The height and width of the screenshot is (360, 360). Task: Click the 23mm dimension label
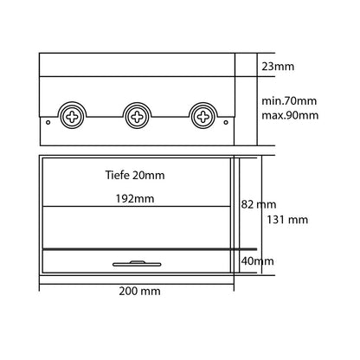[x=278, y=67]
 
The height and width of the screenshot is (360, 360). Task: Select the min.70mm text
[x=289, y=101]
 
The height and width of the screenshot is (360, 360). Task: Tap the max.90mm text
[x=290, y=115]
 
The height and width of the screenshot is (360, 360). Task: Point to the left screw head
[x=72, y=117]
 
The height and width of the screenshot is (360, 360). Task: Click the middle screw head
[x=138, y=117]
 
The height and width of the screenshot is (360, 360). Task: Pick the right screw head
[x=203, y=117]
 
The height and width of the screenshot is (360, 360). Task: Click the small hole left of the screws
[x=48, y=122]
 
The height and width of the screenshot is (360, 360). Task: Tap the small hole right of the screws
[x=226, y=122]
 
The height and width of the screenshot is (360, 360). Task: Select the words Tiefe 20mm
[x=135, y=175]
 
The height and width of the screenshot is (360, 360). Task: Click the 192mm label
[x=135, y=199]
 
